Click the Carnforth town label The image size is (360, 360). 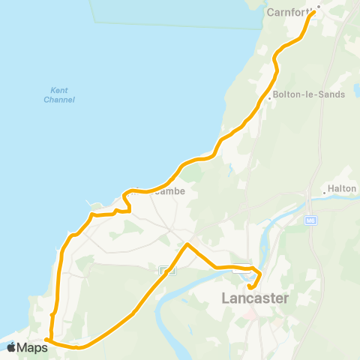click(x=289, y=12)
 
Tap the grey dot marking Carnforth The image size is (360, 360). click(x=318, y=7)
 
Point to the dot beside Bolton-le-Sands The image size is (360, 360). click(x=269, y=97)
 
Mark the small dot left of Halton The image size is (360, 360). click(x=324, y=193)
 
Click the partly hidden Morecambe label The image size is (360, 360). click(x=159, y=191)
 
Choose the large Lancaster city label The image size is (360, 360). click(x=254, y=298)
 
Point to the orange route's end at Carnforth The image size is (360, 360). click(x=313, y=11)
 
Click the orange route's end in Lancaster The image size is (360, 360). click(x=249, y=285)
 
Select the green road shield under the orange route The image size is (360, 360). click(x=167, y=271)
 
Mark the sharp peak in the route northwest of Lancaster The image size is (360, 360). click(x=187, y=244)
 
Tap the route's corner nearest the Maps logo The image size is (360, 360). click(x=47, y=340)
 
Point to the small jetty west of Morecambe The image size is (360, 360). click(x=93, y=203)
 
